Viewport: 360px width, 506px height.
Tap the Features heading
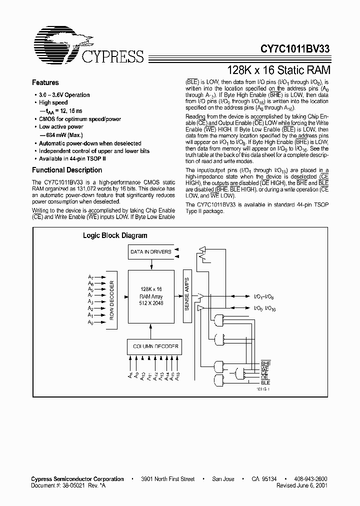coord(45,82)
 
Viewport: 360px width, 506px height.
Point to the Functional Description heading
coord(66,170)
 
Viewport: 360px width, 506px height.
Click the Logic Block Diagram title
coord(114,235)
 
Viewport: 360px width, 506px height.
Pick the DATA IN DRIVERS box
coord(151,252)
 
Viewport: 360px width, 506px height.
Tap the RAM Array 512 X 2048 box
coord(151,296)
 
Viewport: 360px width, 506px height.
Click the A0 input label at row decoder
coord(90,322)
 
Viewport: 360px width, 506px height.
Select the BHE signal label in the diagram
coord(265,363)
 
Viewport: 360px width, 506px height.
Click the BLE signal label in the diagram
coord(265,382)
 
